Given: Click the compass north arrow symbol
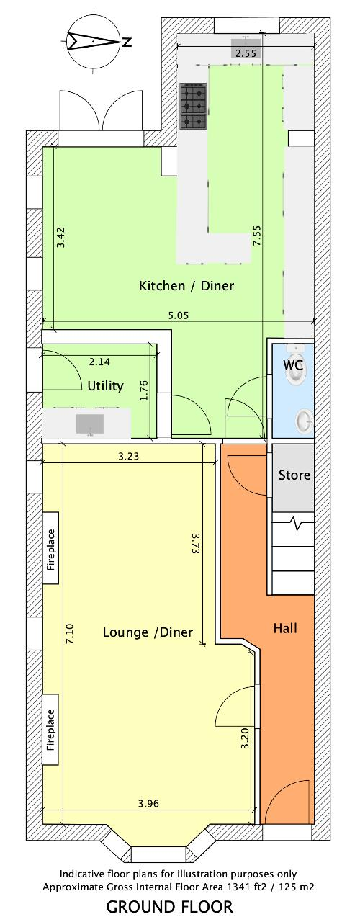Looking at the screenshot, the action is click(94, 41).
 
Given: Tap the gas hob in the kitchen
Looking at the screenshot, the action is click(194, 105).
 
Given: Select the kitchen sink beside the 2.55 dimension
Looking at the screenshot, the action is click(246, 42).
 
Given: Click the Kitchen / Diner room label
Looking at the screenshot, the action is click(186, 286).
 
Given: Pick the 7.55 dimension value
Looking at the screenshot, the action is click(257, 236).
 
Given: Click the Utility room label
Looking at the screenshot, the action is click(105, 386).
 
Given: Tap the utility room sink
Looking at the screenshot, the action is click(89, 424).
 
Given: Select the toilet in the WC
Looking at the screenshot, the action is click(297, 364).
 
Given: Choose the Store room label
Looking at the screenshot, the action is click(294, 475).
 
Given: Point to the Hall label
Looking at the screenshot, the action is click(285, 628).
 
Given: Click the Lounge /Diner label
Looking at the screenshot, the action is click(148, 632).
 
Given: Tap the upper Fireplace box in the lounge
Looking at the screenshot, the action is click(50, 548).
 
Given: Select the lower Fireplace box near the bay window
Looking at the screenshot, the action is click(50, 730).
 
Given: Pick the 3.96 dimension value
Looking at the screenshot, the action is click(148, 803).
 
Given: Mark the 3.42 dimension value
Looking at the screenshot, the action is click(61, 238).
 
